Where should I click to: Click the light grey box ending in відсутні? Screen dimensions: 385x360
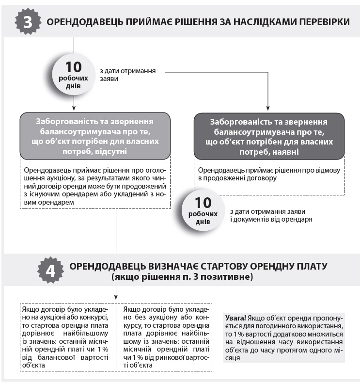[95, 136]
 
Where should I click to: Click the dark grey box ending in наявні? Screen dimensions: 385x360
[269, 137]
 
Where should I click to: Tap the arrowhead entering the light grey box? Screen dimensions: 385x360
[74, 110]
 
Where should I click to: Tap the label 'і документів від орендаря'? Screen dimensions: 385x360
[270, 219]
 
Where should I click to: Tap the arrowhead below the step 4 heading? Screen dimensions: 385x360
[116, 297]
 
